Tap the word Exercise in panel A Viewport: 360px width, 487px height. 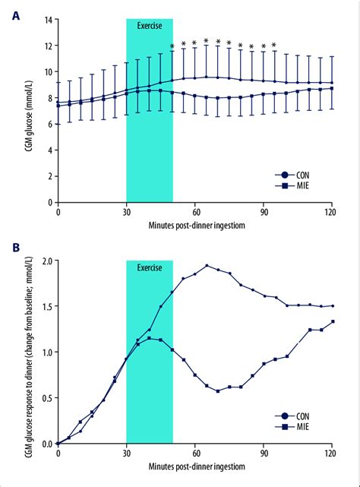coord(149,25)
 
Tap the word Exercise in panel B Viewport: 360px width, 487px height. coord(149,267)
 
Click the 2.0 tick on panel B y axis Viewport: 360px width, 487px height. coord(45,261)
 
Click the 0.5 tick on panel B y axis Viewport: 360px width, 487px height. coord(45,398)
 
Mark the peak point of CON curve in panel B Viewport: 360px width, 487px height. coord(207,266)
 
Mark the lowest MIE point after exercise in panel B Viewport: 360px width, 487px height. coord(218,391)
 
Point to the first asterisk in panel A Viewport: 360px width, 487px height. coord(172,47)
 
